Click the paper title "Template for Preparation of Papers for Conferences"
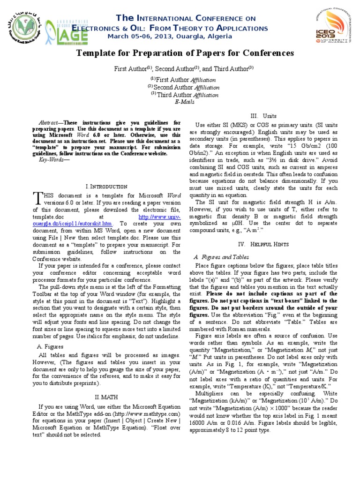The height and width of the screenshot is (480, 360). [185, 53]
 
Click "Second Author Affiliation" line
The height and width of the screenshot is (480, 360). [184, 87]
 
